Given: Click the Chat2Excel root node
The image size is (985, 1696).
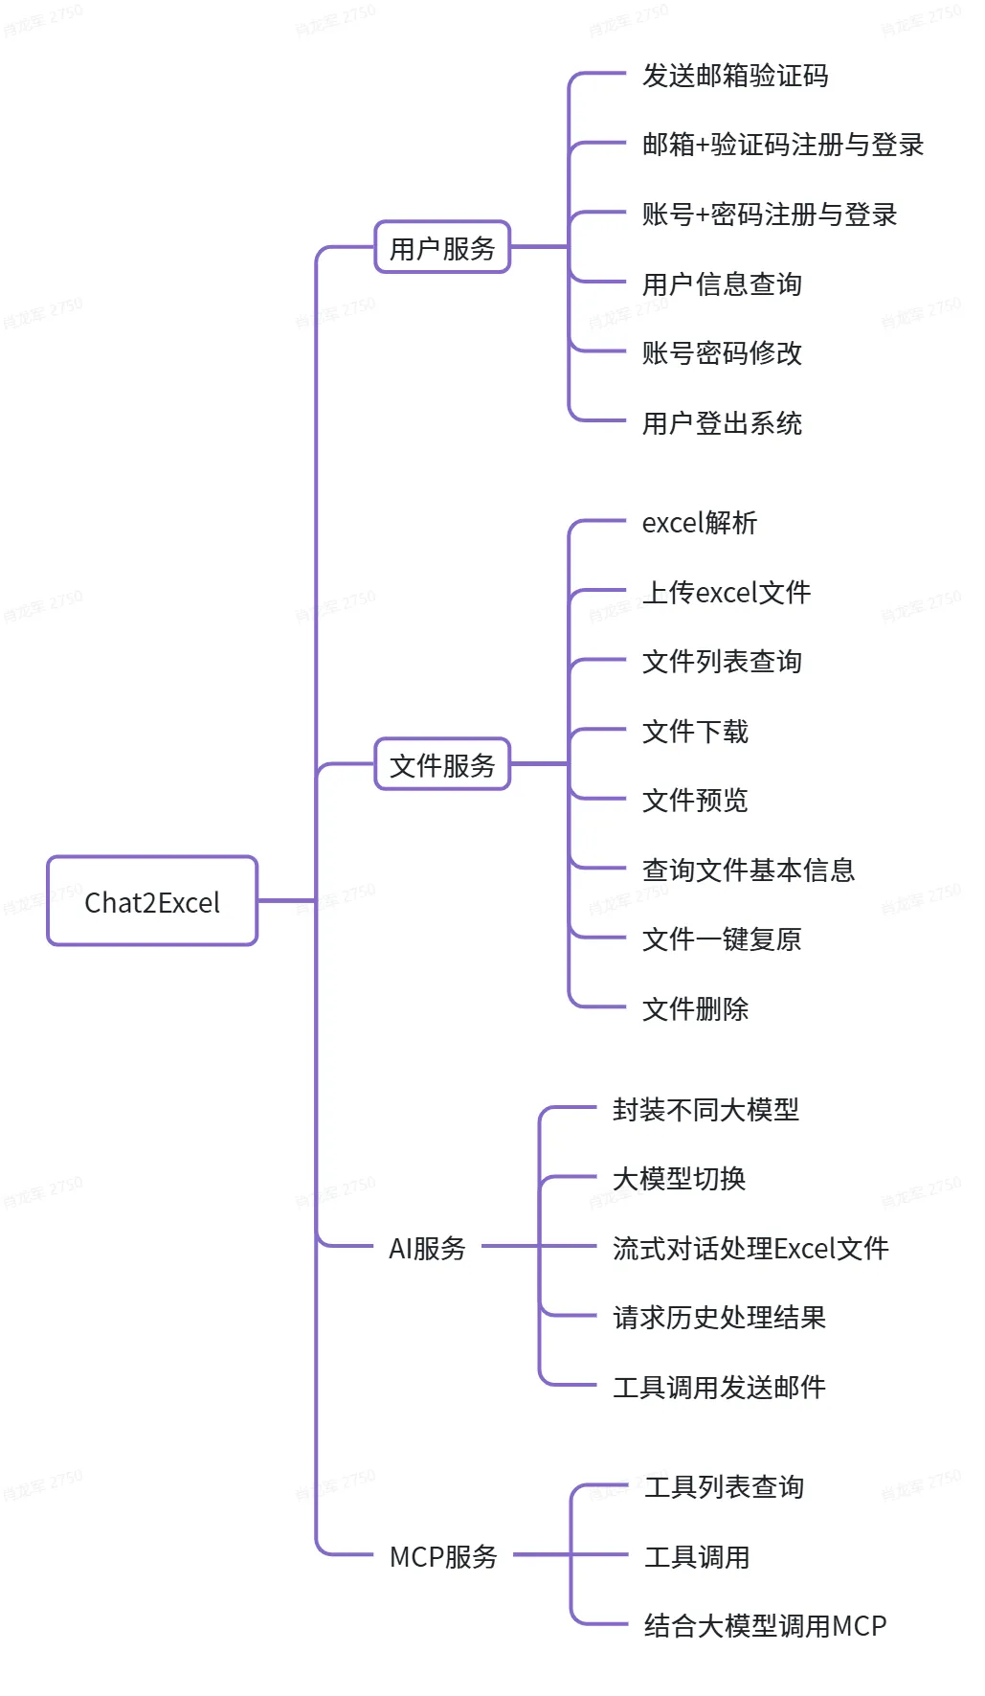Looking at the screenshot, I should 152,901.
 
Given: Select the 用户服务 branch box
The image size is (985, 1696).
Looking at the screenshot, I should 441,248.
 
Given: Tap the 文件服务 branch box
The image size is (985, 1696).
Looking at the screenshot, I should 441,764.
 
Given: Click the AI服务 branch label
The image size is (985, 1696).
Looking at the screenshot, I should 427,1248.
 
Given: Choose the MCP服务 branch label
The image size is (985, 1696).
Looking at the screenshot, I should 443,1556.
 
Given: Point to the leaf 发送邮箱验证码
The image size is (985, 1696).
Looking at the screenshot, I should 734,76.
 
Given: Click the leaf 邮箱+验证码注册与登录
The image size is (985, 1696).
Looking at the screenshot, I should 782,145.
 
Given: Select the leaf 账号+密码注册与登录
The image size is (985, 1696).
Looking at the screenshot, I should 769,215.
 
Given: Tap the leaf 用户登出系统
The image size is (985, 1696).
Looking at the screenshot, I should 722,423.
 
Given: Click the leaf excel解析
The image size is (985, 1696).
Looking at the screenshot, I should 699,523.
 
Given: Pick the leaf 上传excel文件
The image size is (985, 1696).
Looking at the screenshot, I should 727,593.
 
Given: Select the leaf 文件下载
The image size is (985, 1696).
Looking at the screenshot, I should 695,732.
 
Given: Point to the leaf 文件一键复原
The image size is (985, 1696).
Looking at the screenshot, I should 722,939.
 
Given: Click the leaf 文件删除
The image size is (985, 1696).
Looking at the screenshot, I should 695,1008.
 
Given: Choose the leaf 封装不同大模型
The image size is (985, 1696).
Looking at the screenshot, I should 705,1109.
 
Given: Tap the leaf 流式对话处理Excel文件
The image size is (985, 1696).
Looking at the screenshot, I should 750,1248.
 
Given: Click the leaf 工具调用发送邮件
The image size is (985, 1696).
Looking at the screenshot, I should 719,1387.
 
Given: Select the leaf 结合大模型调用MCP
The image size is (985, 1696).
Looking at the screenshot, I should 765,1625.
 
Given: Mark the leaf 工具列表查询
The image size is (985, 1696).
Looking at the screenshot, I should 724,1487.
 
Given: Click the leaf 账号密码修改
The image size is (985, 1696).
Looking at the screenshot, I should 722,353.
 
